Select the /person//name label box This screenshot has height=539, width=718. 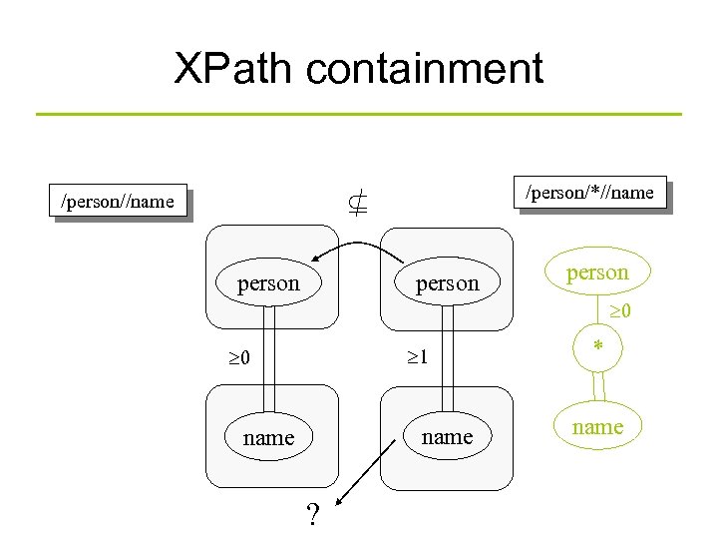[x=119, y=202]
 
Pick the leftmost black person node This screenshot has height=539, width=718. [x=268, y=282]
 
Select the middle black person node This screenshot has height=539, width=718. [x=447, y=282]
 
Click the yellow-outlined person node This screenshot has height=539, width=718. [x=598, y=272]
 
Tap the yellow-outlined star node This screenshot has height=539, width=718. [x=598, y=346]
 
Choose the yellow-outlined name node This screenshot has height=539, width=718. [x=598, y=426]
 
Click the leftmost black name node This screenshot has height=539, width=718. [x=268, y=437]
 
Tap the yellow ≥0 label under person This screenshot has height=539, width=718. [x=619, y=311]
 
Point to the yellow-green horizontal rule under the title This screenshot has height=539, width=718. [x=359, y=114]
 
